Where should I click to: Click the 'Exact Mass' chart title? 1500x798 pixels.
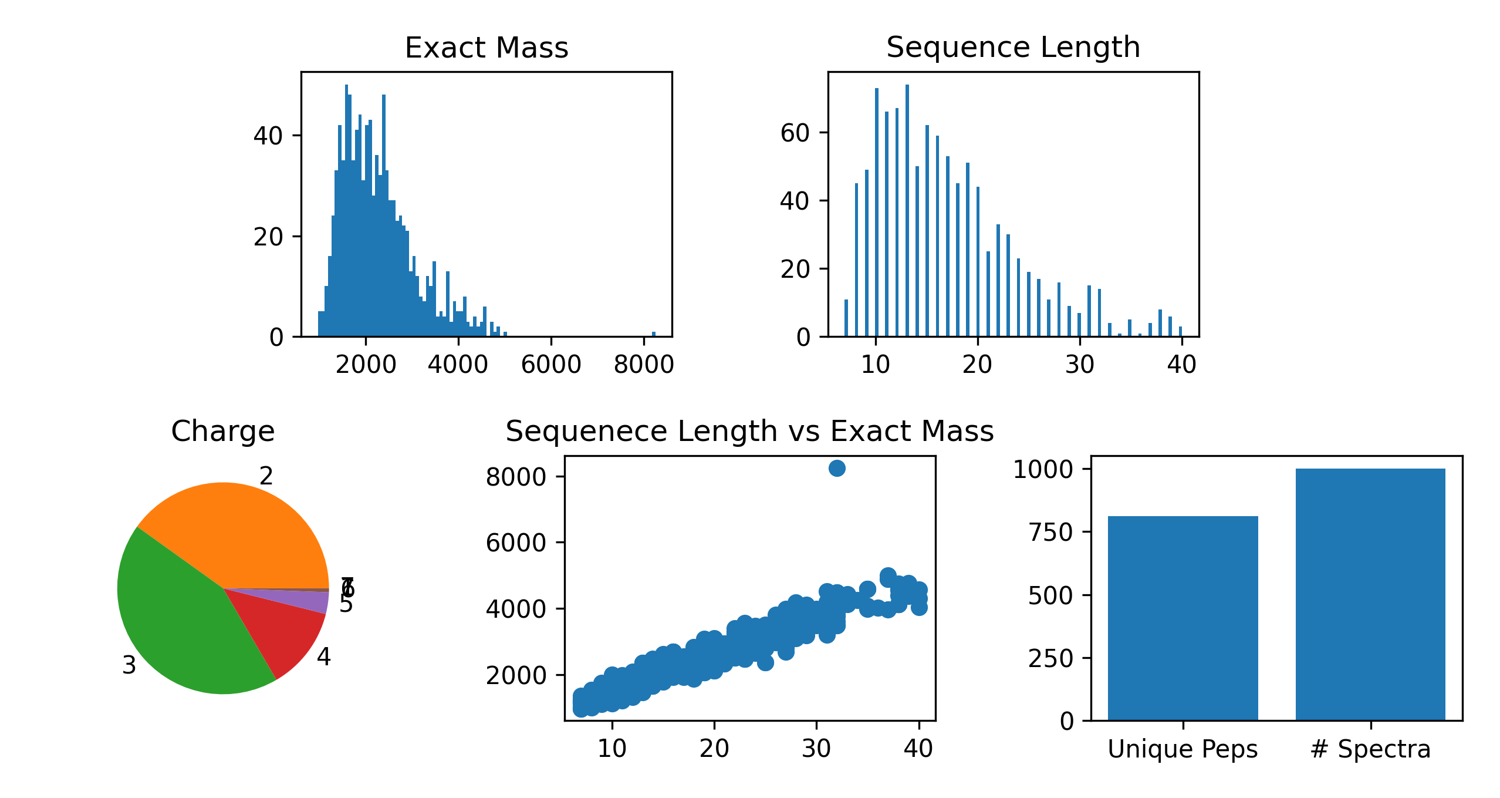point(487,48)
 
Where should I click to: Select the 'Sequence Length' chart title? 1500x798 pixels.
point(1013,47)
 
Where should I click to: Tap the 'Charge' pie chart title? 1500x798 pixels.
point(222,431)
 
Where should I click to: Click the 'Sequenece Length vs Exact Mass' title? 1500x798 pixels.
point(749,431)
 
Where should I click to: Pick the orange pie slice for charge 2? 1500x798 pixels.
point(246,534)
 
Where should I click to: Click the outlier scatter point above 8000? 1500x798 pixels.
point(837,468)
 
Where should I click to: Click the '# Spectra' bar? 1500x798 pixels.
point(1370,593)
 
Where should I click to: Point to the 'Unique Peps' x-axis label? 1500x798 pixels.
point(1183,749)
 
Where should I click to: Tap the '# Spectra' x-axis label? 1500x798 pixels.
point(1370,749)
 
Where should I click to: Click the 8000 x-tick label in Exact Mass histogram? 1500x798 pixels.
point(644,365)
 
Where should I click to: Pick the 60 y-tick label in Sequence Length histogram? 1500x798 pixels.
point(795,133)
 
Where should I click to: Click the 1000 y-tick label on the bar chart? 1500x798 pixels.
point(1043,469)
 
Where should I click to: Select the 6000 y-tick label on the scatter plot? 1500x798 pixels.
point(516,543)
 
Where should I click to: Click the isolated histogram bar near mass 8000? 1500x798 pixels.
point(654,334)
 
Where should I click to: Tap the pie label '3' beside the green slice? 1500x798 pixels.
point(129,665)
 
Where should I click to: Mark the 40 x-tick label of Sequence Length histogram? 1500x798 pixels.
point(1181,365)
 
